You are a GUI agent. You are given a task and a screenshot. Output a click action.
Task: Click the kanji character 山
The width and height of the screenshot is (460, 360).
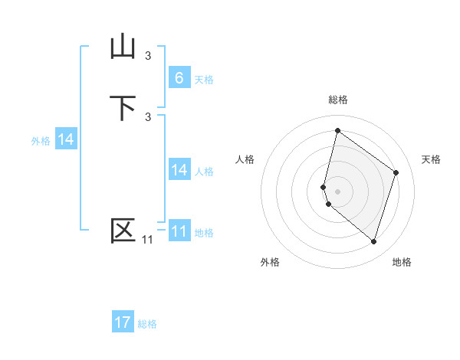point(123,47)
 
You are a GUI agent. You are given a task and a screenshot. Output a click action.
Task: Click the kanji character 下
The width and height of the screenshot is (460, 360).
point(123,107)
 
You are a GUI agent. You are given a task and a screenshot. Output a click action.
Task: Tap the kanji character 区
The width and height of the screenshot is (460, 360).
point(123,231)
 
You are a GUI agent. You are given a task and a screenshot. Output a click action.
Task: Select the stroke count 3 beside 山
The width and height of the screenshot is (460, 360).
point(148,55)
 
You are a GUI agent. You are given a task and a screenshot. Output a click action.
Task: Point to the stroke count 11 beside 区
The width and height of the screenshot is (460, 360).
point(147,240)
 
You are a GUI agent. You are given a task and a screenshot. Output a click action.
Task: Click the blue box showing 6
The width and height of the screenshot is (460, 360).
point(179,77)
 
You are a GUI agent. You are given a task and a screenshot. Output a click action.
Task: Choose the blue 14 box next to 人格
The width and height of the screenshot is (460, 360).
point(179,170)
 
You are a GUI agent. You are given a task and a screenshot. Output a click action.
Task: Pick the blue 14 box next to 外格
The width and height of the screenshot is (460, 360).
point(66,139)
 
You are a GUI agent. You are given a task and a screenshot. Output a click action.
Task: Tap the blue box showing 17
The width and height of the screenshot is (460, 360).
point(123,322)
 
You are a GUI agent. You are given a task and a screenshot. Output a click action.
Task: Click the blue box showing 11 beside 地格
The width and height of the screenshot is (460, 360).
point(179,231)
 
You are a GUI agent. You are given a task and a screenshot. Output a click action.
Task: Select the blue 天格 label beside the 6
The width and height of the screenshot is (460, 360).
point(204,80)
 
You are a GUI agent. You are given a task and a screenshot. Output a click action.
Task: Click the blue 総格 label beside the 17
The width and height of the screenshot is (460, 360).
point(147,325)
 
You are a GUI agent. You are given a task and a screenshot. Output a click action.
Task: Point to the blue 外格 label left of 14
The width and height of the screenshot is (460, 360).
point(41,141)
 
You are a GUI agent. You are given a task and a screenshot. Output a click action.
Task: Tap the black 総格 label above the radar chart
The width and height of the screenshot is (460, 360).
point(337,100)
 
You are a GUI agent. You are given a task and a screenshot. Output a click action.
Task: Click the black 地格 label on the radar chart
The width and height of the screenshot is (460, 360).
point(402,262)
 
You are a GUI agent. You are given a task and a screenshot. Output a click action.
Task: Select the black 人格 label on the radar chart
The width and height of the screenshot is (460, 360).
point(245,159)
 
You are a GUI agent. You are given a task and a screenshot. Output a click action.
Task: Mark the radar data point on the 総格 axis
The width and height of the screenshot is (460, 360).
point(337,130)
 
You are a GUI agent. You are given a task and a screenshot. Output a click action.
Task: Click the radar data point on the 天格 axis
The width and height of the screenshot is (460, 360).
point(396,172)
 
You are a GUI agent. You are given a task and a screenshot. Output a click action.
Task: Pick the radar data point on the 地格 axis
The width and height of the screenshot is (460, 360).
point(373,241)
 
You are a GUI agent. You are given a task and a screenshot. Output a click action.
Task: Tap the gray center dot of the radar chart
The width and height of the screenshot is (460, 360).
point(337,191)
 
